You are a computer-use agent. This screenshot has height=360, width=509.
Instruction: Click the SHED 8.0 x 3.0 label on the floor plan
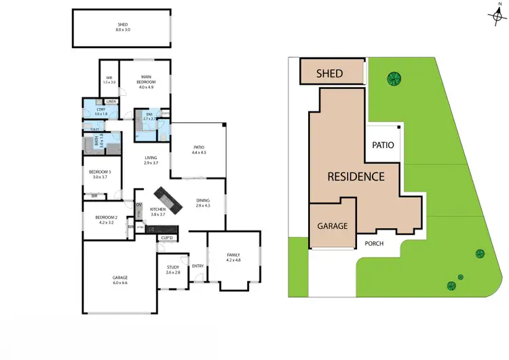point(122,27)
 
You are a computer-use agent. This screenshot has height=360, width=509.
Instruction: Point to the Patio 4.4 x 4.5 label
point(198,149)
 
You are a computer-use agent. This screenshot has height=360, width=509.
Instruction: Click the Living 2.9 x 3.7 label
point(150,161)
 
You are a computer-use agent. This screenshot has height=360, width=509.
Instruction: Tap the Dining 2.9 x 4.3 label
point(203,202)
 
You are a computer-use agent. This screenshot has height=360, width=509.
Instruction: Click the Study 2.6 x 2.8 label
point(173,270)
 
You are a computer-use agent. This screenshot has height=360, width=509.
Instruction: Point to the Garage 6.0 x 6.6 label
point(119,280)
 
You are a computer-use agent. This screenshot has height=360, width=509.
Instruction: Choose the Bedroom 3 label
point(100,174)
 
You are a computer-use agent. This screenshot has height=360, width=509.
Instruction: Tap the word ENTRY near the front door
point(198,266)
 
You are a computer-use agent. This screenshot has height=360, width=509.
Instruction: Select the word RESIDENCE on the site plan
point(356,177)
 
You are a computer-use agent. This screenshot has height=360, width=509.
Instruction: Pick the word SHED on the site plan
point(330,73)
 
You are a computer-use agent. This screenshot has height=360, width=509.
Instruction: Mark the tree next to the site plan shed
point(392,78)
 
